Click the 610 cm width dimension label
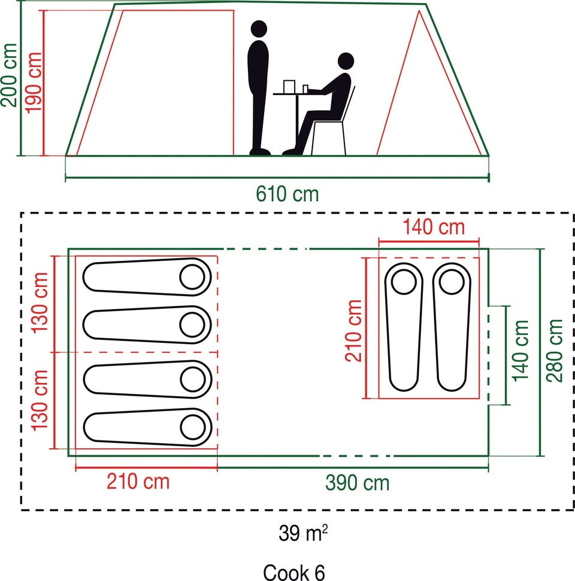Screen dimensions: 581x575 (x=287, y=194)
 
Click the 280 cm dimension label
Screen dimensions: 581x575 (x=555, y=351)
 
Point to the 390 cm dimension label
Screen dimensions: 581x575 (x=358, y=482)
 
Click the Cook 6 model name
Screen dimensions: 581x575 (x=293, y=572)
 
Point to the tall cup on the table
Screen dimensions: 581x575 (x=289, y=86)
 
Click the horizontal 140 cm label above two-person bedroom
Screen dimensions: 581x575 (x=434, y=227)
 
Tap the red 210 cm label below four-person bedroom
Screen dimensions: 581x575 (x=138, y=480)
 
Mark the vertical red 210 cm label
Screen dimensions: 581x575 (x=354, y=330)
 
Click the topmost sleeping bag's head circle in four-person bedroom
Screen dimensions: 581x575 (x=193, y=276)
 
